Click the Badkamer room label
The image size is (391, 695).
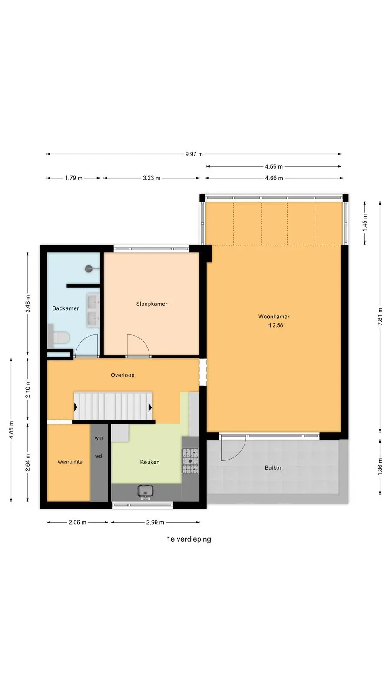click(x=66, y=308)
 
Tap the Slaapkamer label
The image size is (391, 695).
click(x=152, y=304)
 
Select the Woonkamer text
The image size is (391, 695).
click(x=274, y=317)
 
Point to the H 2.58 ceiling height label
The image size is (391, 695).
click(x=275, y=325)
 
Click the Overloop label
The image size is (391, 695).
click(x=123, y=375)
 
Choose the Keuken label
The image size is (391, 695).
click(x=150, y=462)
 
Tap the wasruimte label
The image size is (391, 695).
click(x=70, y=462)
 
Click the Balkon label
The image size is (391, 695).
click(x=274, y=467)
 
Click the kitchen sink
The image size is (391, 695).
click(x=146, y=492)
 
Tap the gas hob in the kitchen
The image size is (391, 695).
click(x=190, y=461)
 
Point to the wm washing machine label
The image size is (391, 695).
click(x=99, y=438)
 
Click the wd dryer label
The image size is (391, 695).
click(x=98, y=457)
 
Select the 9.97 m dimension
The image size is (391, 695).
click(x=194, y=154)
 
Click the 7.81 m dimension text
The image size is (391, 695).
click(x=380, y=317)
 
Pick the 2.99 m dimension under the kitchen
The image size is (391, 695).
click(x=155, y=523)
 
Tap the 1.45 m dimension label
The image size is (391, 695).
click(x=365, y=222)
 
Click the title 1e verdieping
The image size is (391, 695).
click(x=189, y=539)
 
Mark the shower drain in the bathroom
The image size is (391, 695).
click(x=89, y=269)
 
